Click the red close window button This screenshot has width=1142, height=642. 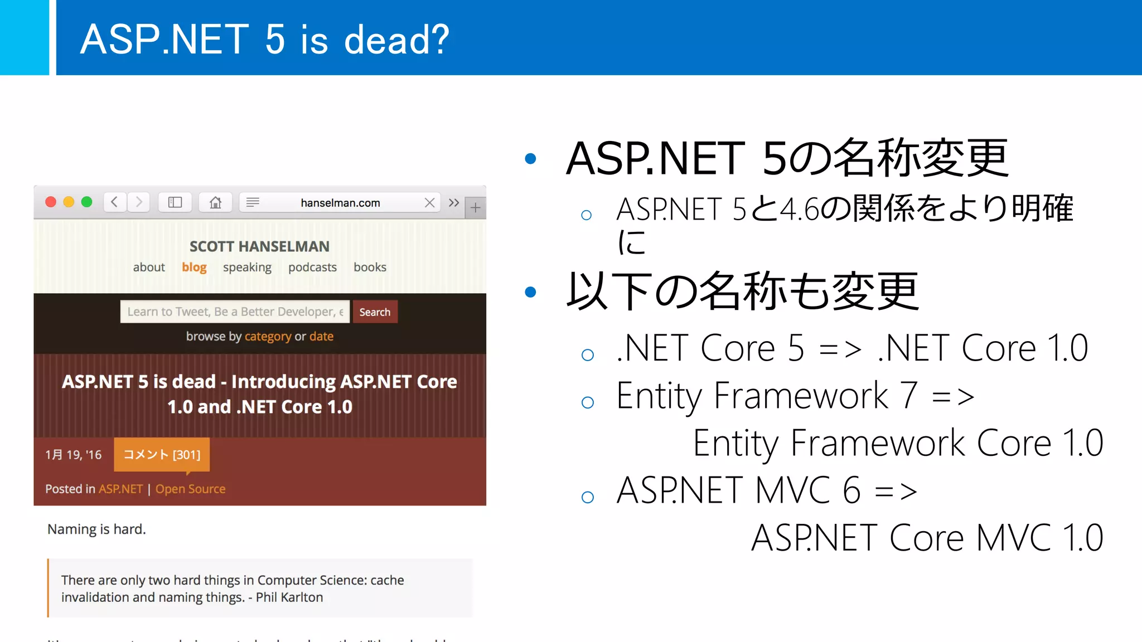pyautogui.click(x=51, y=202)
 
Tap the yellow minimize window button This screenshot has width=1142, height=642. pyautogui.click(x=69, y=202)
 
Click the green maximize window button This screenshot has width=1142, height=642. pyautogui.click(x=87, y=202)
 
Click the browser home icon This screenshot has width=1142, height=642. pyautogui.click(x=215, y=202)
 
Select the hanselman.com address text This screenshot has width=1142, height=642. pyautogui.click(x=340, y=203)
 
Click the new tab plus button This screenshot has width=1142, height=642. pyautogui.click(x=475, y=208)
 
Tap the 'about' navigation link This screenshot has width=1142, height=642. pyautogui.click(x=149, y=267)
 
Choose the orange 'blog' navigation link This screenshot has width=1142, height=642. pyautogui.click(x=194, y=267)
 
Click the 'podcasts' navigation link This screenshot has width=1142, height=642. pyautogui.click(x=312, y=267)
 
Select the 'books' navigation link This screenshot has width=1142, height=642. pyautogui.click(x=370, y=267)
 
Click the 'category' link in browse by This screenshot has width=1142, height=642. pyautogui.click(x=268, y=337)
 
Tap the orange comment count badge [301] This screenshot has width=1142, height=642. pyautogui.click(x=162, y=455)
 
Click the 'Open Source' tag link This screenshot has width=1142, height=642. pyautogui.click(x=190, y=489)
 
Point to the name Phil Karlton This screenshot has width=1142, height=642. pyautogui.click(x=289, y=597)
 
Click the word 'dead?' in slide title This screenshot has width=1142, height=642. pyautogui.click(x=396, y=40)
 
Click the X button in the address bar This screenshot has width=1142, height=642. pyautogui.click(x=429, y=203)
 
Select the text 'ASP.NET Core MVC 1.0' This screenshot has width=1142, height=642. pyautogui.click(x=927, y=538)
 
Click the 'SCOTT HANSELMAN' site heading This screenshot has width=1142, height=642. pyautogui.click(x=259, y=246)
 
